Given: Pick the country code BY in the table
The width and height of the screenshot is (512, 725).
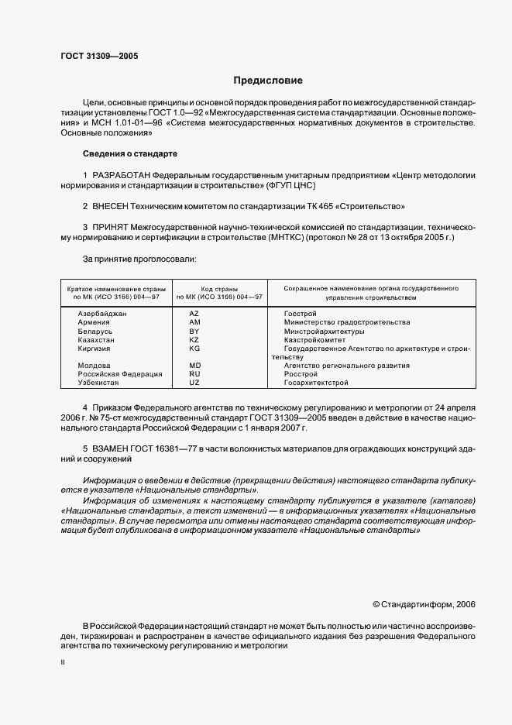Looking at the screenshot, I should (194, 331).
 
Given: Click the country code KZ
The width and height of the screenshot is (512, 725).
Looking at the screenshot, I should (194, 339).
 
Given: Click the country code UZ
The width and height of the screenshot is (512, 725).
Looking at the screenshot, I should (194, 383).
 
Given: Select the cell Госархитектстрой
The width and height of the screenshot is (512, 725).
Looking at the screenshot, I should (316, 383).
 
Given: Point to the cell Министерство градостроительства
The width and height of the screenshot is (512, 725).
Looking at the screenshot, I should (347, 322).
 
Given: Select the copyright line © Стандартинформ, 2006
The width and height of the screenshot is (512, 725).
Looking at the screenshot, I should (424, 604).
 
